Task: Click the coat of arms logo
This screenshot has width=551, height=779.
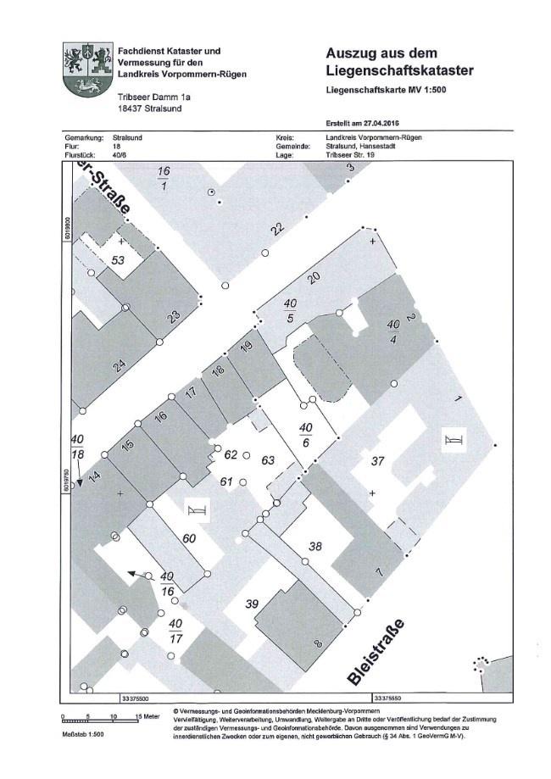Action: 87,70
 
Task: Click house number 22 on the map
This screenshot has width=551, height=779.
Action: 277,230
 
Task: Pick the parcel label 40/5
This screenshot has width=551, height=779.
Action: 290,310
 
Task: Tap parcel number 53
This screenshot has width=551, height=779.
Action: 118,260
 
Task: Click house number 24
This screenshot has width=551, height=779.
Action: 120,366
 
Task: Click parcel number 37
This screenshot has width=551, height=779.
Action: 378,461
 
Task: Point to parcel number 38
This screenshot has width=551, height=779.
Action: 314,547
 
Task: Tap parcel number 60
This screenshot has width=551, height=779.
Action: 189,538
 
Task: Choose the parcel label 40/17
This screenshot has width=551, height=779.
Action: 175,631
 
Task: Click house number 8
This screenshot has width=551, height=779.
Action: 318,644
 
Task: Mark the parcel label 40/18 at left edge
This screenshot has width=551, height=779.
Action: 78,446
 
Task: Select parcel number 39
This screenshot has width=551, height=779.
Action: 251,604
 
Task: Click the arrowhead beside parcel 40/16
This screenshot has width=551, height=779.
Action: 132,573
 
